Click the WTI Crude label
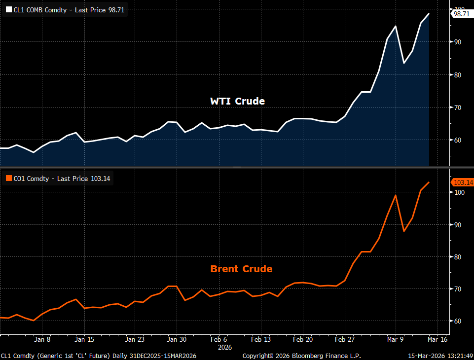(237, 101)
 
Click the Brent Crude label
(241, 269)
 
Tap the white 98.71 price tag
(462, 14)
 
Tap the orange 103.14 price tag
(463, 182)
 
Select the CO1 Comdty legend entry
(58, 179)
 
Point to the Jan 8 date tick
(42, 339)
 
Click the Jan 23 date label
(134, 339)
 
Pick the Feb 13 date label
(261, 339)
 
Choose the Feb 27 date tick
(345, 339)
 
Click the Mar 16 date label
(438, 339)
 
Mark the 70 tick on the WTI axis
(458, 108)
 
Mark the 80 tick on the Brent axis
(458, 257)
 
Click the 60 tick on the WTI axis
(458, 140)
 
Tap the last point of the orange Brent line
(429, 182)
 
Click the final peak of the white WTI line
(429, 14)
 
